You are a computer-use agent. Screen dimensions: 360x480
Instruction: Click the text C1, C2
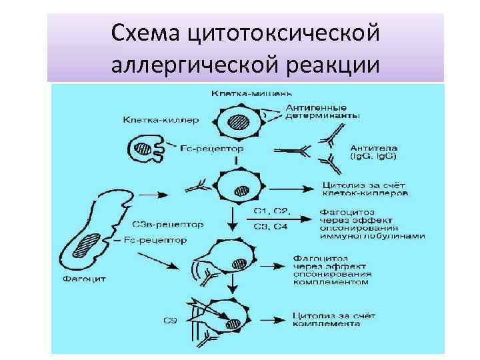click(x=271, y=211)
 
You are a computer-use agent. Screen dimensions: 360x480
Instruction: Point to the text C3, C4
click(x=271, y=227)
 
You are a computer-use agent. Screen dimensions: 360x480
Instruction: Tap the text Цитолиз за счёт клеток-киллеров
click(x=365, y=188)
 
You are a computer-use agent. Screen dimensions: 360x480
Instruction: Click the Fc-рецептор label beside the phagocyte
click(x=155, y=239)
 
